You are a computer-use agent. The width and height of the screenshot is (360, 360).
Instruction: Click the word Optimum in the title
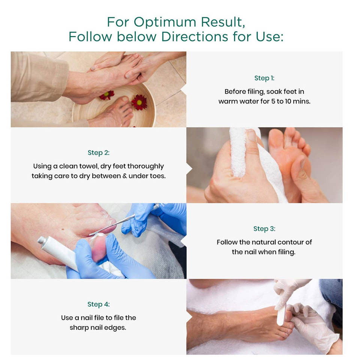click(165, 22)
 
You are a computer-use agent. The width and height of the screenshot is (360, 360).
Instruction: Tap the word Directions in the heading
click(195, 36)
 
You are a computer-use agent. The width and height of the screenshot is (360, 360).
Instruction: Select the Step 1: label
click(264, 78)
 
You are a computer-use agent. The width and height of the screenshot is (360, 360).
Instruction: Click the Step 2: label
click(99, 153)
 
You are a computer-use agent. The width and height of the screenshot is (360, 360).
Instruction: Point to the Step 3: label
click(264, 229)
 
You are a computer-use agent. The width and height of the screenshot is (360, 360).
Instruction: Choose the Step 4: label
click(99, 304)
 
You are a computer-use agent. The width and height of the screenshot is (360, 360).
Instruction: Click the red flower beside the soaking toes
click(139, 102)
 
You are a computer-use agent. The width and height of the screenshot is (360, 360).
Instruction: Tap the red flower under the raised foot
click(107, 95)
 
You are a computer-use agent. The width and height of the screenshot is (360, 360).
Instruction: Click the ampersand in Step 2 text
click(124, 176)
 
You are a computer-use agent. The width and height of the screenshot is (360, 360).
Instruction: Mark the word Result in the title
click(223, 22)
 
